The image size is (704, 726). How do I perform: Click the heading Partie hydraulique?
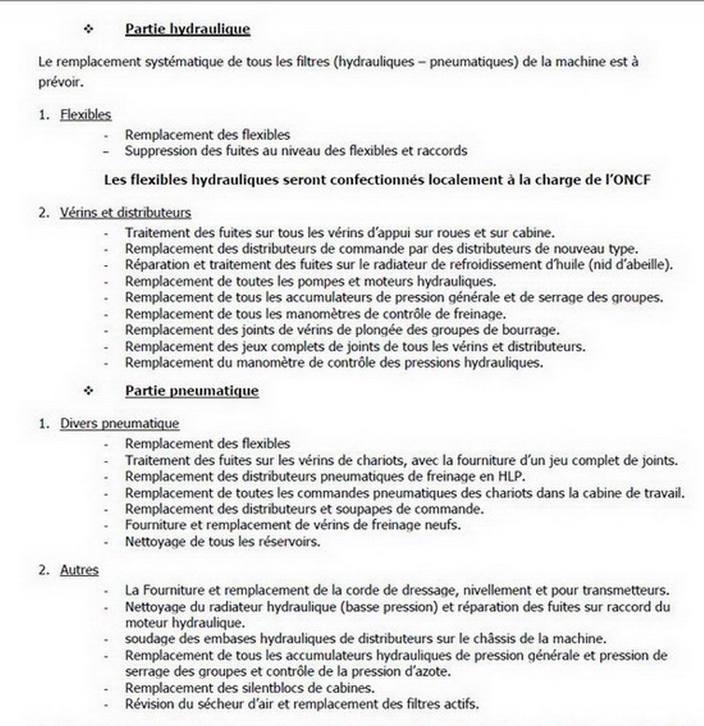(187, 30)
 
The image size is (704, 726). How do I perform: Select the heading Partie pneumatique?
(192, 390)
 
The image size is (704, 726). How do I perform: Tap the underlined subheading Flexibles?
(86, 115)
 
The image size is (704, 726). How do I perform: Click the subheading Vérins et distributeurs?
(125, 212)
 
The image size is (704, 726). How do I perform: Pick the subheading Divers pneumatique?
(120, 424)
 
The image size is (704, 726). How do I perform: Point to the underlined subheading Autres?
(79, 570)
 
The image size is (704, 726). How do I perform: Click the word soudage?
(152, 638)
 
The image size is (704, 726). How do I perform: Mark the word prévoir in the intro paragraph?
(57, 81)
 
